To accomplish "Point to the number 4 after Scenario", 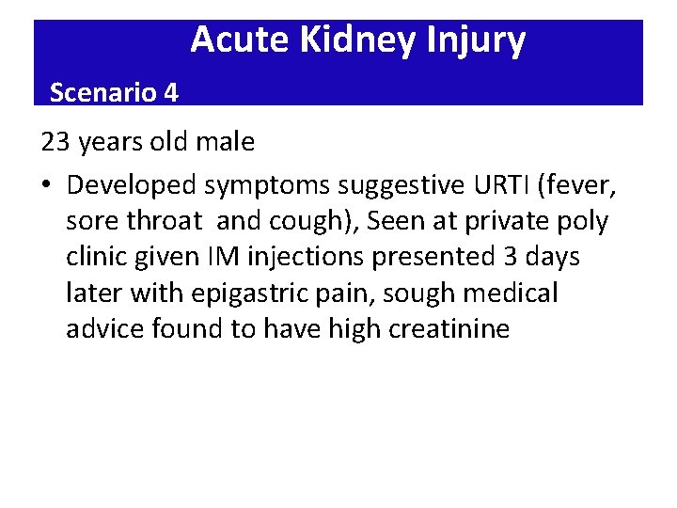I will (171, 92).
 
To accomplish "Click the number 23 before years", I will (56, 142).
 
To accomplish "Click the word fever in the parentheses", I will (577, 185).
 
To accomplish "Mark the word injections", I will (310, 257).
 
